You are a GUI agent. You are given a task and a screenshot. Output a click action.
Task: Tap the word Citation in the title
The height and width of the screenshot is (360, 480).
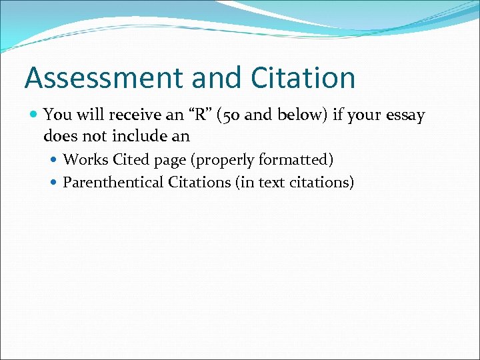point(303,78)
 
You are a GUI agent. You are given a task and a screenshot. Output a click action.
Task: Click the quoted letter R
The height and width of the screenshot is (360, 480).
point(199,115)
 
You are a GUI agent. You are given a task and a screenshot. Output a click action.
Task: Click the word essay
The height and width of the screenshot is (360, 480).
point(404,116)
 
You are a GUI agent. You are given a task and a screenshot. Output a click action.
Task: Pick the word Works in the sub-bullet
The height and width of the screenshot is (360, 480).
point(85,160)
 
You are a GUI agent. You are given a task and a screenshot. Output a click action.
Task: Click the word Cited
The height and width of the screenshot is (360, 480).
point(131,160)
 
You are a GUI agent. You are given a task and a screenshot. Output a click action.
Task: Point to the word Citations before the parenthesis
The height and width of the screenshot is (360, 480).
point(199,182)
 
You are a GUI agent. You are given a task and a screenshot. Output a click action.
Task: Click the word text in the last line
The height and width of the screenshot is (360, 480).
point(271,182)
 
